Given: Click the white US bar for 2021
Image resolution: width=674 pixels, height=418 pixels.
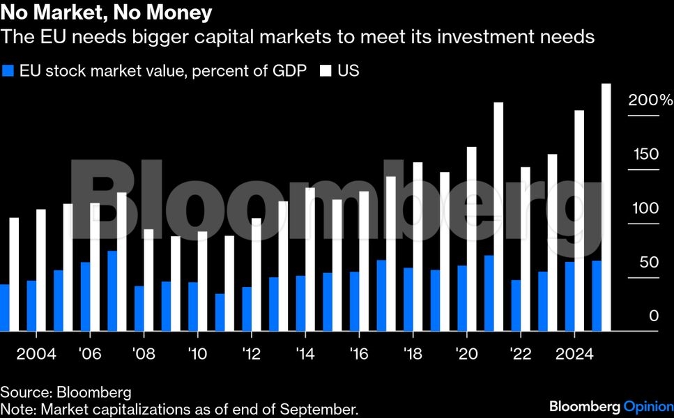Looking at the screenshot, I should tap(498, 217).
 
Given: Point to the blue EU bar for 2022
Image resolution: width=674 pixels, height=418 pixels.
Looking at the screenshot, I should tap(516, 306).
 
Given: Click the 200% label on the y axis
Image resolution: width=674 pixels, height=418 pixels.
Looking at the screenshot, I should tap(650, 101).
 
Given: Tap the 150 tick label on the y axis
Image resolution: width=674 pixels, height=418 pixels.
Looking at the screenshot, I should tap(645, 155).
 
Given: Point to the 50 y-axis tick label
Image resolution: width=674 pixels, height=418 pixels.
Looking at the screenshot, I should tap(650, 263).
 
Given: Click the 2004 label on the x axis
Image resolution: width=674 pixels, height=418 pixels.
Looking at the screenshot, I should tap(36, 353).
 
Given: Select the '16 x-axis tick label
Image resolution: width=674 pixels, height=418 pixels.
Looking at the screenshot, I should tap(359, 353).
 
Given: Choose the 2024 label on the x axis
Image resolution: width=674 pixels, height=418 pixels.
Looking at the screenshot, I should tap(574, 353).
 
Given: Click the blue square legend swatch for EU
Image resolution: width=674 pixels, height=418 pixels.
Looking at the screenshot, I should tap(8, 71).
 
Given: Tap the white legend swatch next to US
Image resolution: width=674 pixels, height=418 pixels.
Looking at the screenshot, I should tap(326, 71).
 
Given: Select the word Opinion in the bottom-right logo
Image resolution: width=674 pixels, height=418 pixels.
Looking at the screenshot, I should tap(648, 406).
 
